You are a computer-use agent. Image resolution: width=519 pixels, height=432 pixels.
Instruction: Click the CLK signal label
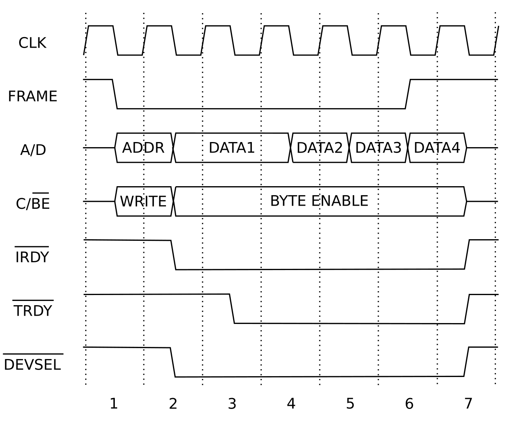[32, 43]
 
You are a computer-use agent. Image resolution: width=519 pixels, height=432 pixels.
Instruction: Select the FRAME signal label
[32, 96]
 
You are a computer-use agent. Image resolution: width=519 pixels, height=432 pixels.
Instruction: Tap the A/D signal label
[33, 150]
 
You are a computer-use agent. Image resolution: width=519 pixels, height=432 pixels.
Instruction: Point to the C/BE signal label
[33, 202]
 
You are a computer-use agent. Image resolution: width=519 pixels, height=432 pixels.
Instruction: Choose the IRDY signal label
[32, 255]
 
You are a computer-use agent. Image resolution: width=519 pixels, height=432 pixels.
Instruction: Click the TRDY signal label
[33, 309]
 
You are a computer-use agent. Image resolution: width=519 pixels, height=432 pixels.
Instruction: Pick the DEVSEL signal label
[32, 363]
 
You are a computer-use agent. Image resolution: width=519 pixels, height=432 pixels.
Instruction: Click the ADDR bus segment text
[143, 148]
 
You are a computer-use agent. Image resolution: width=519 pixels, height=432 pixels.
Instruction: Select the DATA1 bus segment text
[232, 148]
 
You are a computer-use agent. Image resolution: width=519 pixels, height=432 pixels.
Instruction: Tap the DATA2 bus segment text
[320, 148]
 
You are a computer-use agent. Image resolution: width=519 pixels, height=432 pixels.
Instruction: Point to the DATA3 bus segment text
[378, 148]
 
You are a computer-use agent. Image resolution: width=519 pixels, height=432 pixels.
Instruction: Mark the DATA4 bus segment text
[437, 148]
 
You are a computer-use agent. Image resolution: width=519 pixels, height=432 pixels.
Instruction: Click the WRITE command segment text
[143, 201]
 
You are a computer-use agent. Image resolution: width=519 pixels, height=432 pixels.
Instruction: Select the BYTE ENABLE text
[319, 201]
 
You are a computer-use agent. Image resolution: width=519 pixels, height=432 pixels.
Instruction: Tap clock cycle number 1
[114, 404]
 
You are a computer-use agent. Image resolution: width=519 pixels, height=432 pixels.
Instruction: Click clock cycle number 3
[232, 404]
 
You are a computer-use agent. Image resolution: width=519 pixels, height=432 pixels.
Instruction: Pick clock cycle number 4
[291, 404]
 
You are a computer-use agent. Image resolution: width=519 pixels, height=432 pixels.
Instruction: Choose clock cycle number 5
[350, 404]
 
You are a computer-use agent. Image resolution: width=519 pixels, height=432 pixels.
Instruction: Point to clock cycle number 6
[409, 404]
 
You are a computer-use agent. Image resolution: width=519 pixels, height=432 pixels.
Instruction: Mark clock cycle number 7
[468, 404]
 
